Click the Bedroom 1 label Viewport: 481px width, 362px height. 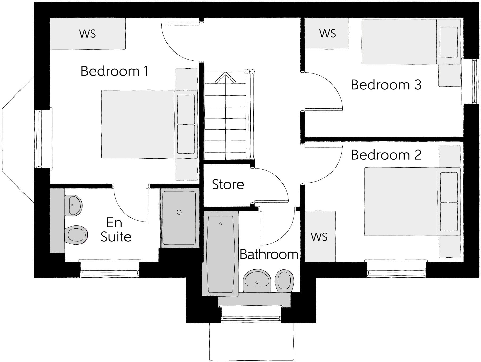(114, 71)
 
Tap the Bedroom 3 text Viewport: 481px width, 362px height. (386, 85)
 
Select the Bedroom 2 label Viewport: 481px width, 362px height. (386, 155)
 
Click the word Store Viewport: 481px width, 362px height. (228, 184)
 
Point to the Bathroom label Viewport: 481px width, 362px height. (269, 254)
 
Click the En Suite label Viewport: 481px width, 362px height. (116, 230)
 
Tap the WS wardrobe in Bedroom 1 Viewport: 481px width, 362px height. (88, 34)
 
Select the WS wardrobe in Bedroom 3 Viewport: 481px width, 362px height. (327, 34)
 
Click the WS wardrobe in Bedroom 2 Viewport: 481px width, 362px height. (319, 237)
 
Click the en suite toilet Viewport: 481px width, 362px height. (77, 235)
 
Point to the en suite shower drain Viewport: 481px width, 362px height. (179, 212)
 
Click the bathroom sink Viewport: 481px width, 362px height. (257, 281)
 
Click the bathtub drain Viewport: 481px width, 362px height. (221, 224)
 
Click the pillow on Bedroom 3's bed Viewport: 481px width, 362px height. (449, 42)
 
